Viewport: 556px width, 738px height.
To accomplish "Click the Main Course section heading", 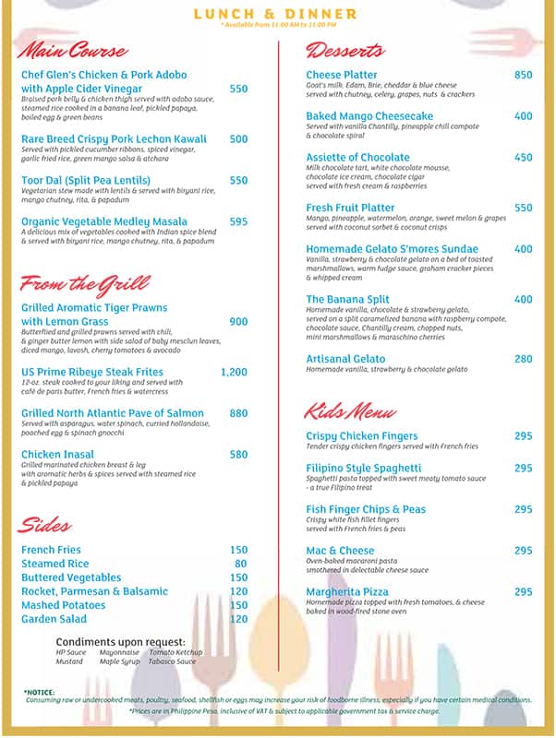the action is tap(73, 50).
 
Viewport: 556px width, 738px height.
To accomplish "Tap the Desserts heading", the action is tap(344, 50).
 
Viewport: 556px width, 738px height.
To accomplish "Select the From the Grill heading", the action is tap(84, 283).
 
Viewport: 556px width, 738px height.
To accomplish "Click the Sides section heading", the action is tap(44, 526).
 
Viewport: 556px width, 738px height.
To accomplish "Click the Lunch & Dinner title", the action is tap(275, 14).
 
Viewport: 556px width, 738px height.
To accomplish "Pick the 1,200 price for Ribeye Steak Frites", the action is tap(234, 372).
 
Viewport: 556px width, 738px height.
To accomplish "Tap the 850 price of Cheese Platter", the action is tap(523, 75).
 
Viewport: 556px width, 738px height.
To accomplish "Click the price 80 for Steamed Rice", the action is tap(240, 564).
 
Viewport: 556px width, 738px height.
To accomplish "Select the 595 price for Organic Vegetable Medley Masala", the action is tap(238, 221).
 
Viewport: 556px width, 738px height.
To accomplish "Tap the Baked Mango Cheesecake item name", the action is tap(369, 116).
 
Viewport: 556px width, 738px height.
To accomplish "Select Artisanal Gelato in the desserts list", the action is tap(345, 359).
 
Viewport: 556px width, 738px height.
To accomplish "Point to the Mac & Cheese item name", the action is tap(340, 551).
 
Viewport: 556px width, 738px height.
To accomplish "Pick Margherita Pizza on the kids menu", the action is tap(347, 592).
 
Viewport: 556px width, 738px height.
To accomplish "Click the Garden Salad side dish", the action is tap(54, 619).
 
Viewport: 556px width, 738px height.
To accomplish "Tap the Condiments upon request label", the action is tap(120, 642).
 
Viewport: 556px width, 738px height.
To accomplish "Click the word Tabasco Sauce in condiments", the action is tap(173, 661).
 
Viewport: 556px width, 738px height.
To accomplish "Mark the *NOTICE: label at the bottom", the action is tap(39, 691).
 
